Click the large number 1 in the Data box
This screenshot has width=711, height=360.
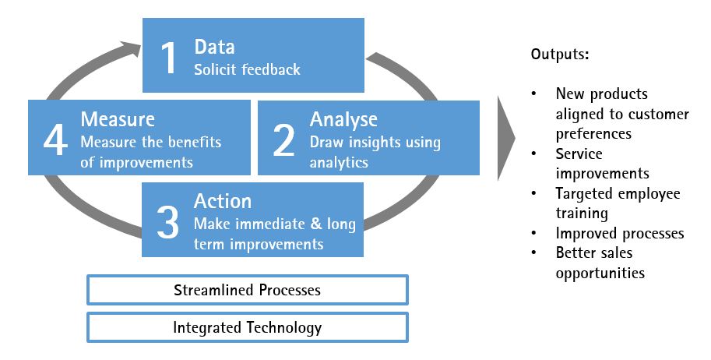pos(169,58)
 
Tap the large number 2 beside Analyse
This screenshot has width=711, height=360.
pos(283,140)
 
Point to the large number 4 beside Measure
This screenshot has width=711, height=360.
pos(55,140)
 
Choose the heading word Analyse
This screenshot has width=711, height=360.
pos(343,119)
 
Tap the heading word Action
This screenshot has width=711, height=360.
pos(223,201)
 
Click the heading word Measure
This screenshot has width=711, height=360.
pos(118,119)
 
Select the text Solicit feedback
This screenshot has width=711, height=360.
pos(247,69)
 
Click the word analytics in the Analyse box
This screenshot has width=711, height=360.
pos(339,163)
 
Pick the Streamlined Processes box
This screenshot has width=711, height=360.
pos(247,291)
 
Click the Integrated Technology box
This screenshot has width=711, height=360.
pos(247,327)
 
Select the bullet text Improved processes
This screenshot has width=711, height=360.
pos(620,233)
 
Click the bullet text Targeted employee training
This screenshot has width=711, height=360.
pos(618,203)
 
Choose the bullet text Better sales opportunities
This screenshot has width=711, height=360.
pos(600,263)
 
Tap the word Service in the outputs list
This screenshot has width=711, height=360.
pos(579,154)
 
